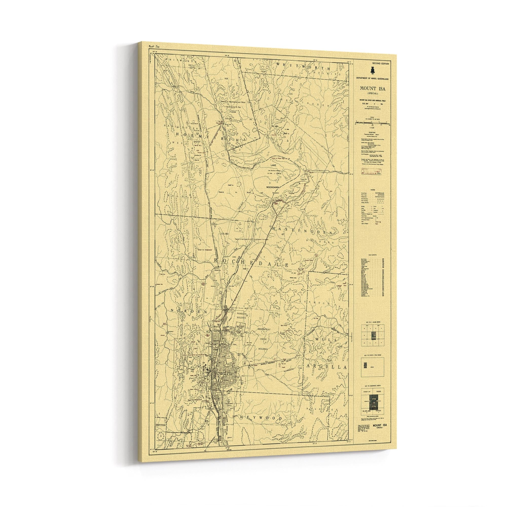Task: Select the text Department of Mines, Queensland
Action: (373, 79)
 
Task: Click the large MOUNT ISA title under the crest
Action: (373, 89)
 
